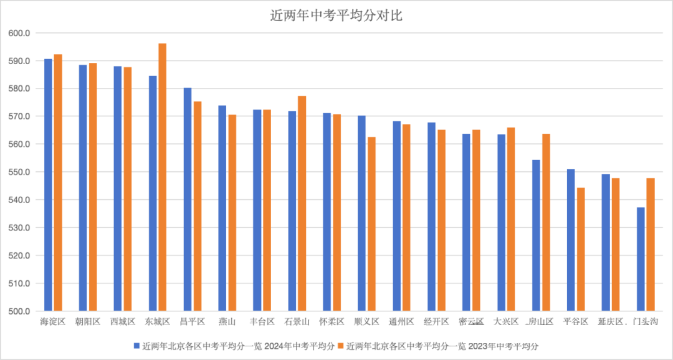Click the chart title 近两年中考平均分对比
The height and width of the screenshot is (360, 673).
pyautogui.click(x=336, y=16)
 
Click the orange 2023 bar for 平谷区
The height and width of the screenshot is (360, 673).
pyautogui.click(x=581, y=249)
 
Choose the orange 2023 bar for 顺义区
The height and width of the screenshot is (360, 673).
pyautogui.click(x=371, y=224)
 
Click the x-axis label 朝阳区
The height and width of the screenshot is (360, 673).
pyautogui.click(x=88, y=322)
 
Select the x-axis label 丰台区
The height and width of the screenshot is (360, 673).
pyautogui.click(x=262, y=322)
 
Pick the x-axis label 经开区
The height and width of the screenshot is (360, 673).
pyautogui.click(x=436, y=322)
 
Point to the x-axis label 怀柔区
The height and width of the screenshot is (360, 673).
pyautogui.click(x=332, y=322)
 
